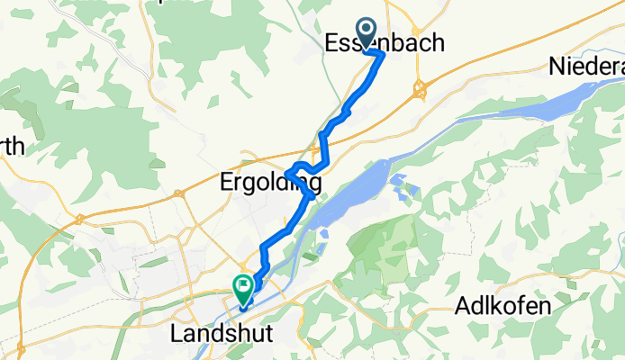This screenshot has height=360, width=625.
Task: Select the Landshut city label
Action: tap(221, 334)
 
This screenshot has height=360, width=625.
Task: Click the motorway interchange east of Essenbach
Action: tap(420, 89)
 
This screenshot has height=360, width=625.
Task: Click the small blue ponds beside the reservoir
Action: tap(405, 190)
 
